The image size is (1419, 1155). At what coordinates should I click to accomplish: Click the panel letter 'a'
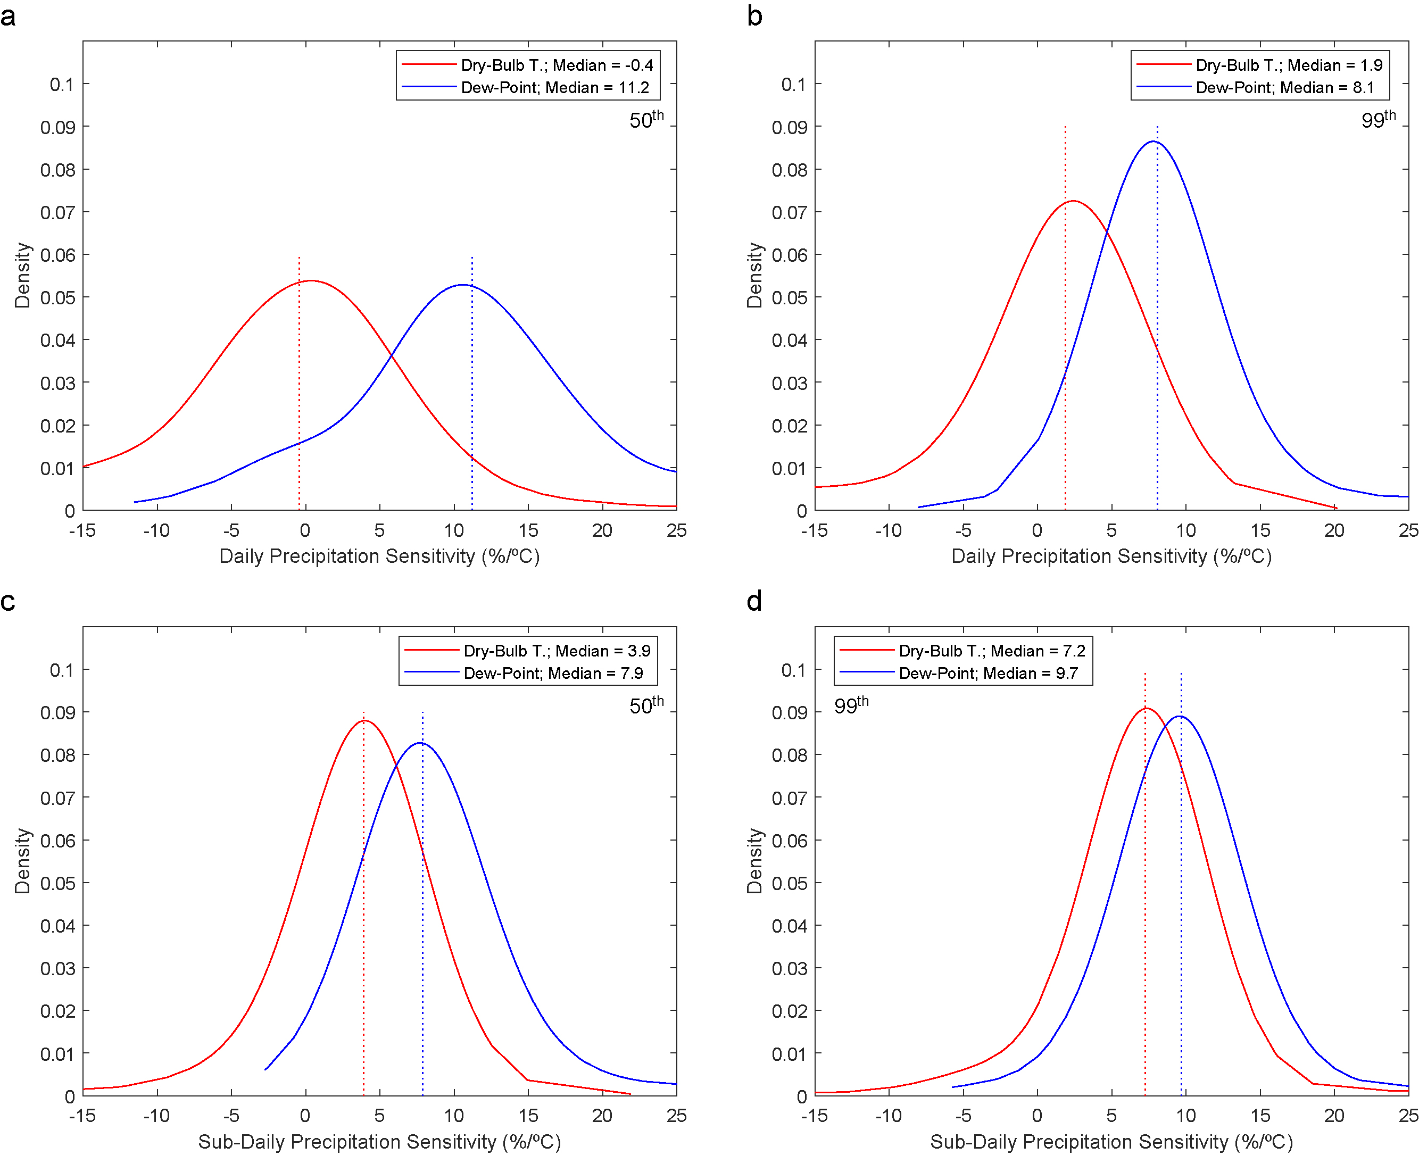8,16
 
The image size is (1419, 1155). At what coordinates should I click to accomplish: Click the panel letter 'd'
754,602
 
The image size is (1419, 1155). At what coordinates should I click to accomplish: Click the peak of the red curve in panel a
311,281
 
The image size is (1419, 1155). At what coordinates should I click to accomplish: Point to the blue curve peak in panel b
1153,142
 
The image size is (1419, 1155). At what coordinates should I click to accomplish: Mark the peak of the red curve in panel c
364,720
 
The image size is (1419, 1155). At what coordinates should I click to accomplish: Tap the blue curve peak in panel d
1180,717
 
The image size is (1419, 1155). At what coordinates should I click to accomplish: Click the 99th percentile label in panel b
1377,120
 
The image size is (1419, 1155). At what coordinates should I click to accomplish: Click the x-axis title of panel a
379,556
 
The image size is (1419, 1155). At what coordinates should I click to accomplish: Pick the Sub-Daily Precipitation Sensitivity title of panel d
1111,1142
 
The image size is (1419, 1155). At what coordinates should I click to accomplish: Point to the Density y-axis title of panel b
754,275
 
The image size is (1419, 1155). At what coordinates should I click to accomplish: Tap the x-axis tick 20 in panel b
1334,531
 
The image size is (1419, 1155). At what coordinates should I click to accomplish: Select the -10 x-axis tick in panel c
156,1116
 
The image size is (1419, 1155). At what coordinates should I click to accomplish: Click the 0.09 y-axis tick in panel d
789,712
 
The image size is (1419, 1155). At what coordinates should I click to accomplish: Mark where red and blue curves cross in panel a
391,356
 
